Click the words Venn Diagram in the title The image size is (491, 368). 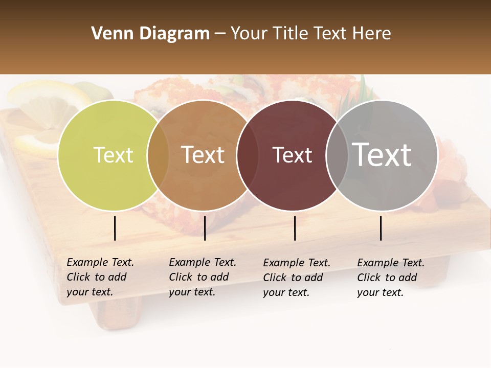[x=150, y=34]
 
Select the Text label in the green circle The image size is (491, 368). [x=113, y=155]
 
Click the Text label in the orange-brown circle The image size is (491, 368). [x=203, y=155]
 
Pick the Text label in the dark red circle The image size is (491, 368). [x=292, y=155]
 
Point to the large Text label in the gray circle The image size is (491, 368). [x=382, y=154]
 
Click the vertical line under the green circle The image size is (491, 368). [x=115, y=228]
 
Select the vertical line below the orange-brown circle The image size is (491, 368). [x=205, y=228]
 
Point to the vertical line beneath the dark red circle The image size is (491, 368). [x=295, y=228]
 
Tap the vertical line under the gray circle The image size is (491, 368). [x=381, y=228]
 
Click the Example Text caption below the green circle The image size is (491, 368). [x=100, y=277]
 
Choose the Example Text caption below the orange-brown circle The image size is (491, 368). [x=202, y=277]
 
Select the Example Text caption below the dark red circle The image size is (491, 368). [x=296, y=278]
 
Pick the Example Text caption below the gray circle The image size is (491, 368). [x=390, y=278]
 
